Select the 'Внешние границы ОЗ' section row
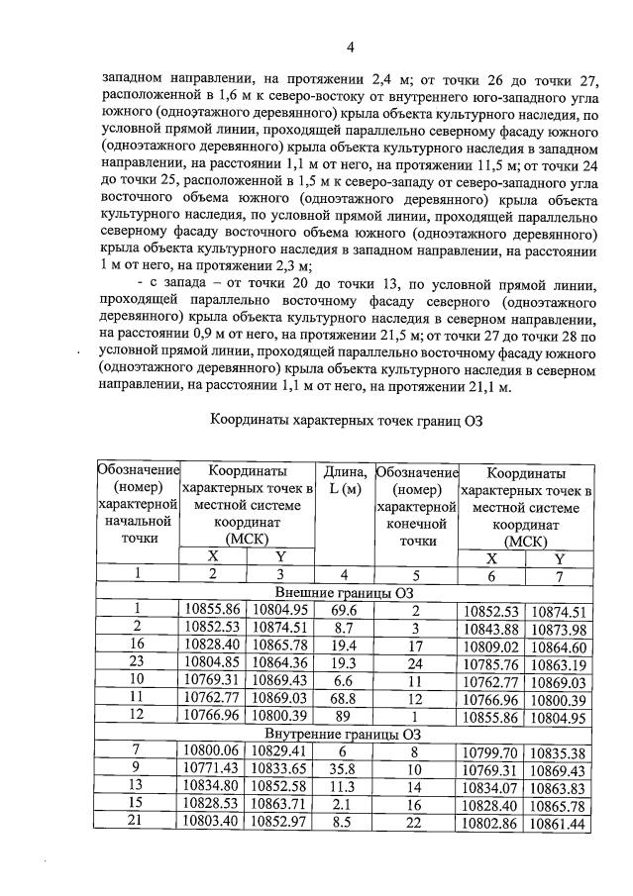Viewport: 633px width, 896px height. [x=345, y=591]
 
